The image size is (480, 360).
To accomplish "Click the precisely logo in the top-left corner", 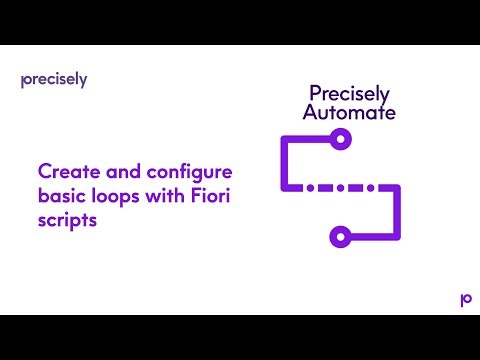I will point(54,80).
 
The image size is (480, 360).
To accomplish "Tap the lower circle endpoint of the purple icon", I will point(340,237).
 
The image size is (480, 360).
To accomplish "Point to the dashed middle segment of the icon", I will point(340,187).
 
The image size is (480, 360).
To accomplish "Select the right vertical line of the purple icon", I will point(397,212).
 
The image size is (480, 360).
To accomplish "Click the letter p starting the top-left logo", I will point(24,81).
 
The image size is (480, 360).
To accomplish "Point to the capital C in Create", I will point(43,170).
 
